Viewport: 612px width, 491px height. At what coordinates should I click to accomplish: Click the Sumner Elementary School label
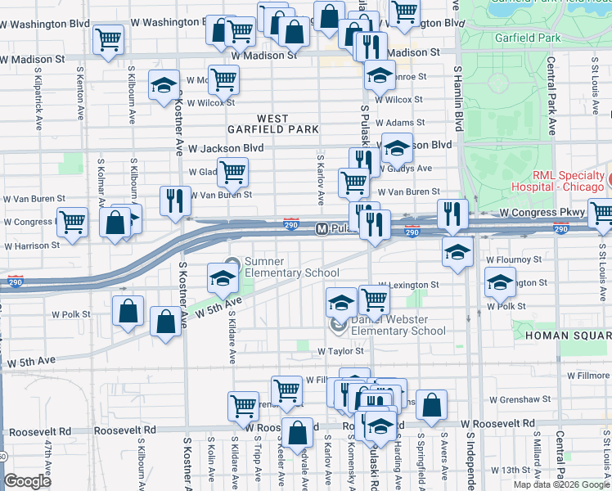[290, 267]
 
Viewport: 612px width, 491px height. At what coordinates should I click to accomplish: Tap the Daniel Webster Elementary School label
[398, 326]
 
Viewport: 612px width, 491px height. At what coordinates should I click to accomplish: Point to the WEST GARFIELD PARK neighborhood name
[274, 124]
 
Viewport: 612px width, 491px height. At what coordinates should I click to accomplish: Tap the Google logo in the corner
[27, 481]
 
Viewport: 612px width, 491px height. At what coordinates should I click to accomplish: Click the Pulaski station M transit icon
[322, 229]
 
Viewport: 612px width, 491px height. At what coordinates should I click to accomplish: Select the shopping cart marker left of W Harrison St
[72, 221]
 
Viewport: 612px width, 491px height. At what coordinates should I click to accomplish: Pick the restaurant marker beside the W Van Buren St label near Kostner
[174, 200]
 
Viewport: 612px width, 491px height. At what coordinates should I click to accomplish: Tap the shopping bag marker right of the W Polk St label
[128, 311]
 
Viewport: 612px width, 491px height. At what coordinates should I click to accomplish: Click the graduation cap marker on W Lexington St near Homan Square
[499, 284]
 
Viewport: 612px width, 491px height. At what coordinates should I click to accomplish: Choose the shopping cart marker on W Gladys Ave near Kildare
[233, 172]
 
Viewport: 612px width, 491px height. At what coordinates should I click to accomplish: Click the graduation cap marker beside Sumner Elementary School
[223, 278]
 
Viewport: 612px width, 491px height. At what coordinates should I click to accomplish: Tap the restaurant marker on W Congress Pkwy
[452, 214]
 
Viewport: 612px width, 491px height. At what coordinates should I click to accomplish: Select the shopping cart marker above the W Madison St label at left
[108, 38]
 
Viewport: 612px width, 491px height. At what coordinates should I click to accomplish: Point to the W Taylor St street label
[340, 350]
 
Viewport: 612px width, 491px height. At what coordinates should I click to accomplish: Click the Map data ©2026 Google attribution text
[561, 484]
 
